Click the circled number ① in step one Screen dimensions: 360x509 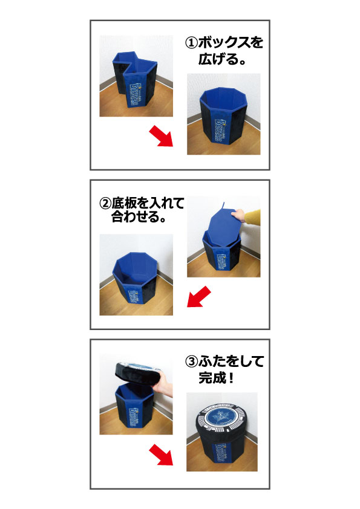[x=192, y=43]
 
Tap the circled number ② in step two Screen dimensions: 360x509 [x=106, y=204]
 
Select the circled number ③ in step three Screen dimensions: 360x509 [x=192, y=361]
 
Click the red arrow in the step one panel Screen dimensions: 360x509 [x=161, y=137]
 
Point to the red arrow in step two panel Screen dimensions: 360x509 [x=199, y=296]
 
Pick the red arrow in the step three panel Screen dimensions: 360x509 [x=161, y=455]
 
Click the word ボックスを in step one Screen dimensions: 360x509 [x=231, y=43]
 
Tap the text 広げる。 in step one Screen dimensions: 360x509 [x=222, y=59]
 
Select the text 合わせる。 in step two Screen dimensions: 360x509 [x=139, y=216]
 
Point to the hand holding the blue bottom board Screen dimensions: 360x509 [x=240, y=215]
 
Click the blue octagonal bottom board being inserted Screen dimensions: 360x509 [x=225, y=225]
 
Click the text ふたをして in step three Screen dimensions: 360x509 [x=231, y=361]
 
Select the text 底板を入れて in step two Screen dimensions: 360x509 [x=148, y=204]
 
